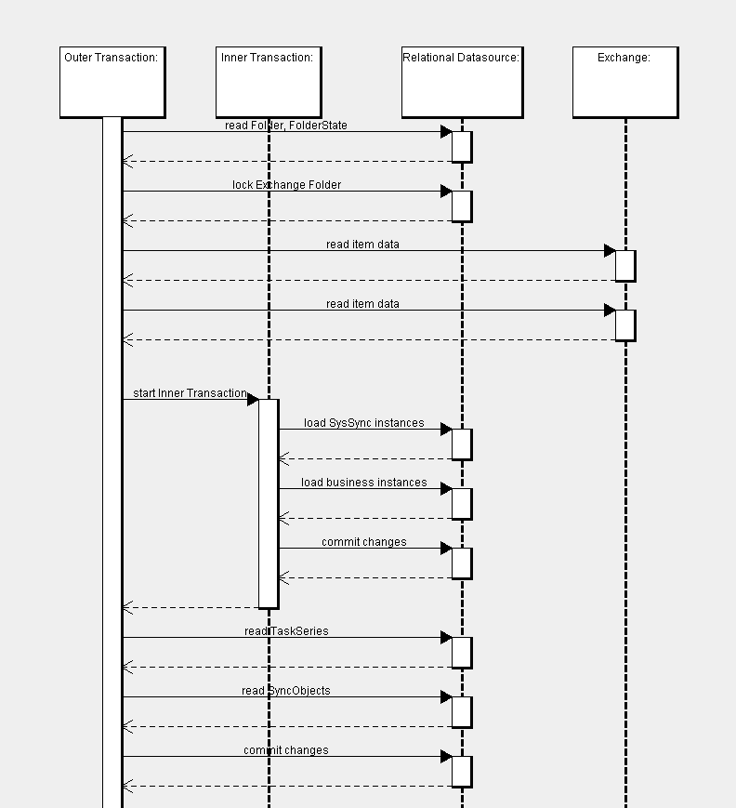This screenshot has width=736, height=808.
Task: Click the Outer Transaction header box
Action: [112, 82]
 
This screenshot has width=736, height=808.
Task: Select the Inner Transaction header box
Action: [268, 82]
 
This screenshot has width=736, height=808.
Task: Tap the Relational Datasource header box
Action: [462, 82]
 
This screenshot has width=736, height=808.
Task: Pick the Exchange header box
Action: [624, 82]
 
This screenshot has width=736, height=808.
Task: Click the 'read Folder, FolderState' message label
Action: [285, 125]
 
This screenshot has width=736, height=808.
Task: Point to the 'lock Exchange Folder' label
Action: [286, 184]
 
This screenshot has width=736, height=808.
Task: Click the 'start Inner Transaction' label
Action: [190, 392]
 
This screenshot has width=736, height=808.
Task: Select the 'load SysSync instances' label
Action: [363, 422]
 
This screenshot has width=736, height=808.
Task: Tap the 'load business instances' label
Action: [363, 482]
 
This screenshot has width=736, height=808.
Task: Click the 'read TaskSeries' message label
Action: [286, 630]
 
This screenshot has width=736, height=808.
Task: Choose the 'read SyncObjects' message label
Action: [285, 690]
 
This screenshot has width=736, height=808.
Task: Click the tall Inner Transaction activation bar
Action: [268, 503]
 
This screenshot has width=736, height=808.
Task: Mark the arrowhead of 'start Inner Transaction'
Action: [253, 399]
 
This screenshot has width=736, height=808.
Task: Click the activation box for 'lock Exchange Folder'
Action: [462, 205]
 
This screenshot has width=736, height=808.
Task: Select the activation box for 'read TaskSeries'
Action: [462, 652]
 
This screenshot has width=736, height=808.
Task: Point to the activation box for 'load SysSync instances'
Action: [462, 444]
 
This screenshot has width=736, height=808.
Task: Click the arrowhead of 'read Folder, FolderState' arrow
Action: [446, 131]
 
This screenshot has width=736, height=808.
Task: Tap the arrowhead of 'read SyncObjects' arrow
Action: [446, 696]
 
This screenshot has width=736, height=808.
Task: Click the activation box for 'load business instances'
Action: [462, 503]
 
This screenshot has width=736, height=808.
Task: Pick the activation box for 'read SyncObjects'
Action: [462, 711]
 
